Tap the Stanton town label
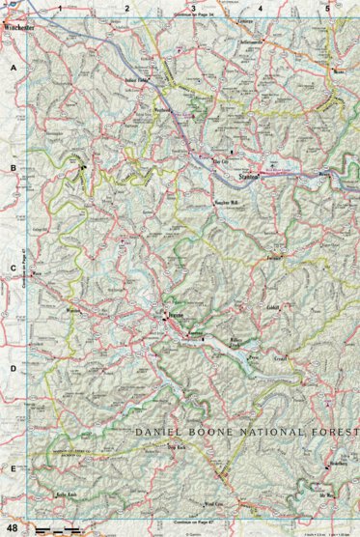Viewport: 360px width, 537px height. (x=250, y=176)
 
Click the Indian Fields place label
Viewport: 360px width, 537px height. (x=139, y=81)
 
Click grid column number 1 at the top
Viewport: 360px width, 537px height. (x=60, y=9)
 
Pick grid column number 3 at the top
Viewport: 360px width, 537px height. (x=193, y=9)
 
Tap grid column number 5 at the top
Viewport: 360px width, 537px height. (x=326, y=9)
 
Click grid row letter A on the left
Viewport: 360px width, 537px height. (x=13, y=71)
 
